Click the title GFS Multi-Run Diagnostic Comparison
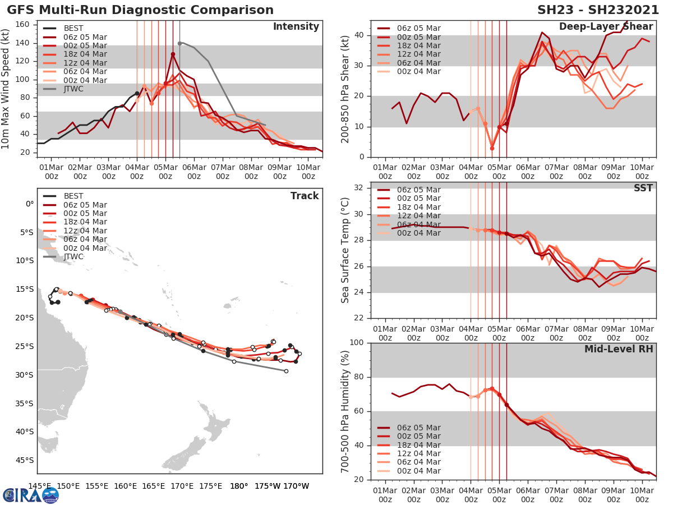tap(140, 10)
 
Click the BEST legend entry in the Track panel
tap(73, 196)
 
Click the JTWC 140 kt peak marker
tap(179, 43)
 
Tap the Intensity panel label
tap(296, 27)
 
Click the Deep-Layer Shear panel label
tap(606, 27)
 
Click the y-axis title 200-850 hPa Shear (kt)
tap(345, 89)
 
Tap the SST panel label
tap(643, 188)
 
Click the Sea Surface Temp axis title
tap(345, 250)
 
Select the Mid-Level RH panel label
tap(619, 349)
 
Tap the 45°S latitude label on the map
tap(25, 460)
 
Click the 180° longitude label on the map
tap(239, 486)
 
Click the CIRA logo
tap(31, 495)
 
